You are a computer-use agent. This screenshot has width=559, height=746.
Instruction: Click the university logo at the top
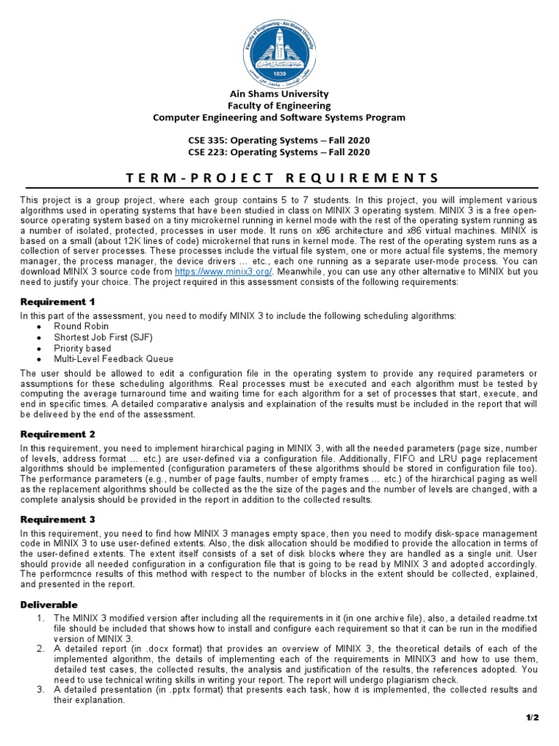279,45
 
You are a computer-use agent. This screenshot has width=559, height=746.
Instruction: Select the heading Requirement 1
58,302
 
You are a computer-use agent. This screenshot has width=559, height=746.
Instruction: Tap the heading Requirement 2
58,434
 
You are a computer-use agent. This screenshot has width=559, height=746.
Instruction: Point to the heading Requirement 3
58,519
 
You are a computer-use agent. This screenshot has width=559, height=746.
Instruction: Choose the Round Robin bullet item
80,326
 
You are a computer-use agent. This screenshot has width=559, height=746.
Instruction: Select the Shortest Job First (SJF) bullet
103,337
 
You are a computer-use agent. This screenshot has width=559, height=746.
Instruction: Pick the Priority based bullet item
82,348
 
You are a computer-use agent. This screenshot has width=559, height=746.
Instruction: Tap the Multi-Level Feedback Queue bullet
114,358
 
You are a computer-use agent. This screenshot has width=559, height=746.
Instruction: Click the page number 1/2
532,718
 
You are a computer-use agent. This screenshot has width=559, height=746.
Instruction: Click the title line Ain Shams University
279,94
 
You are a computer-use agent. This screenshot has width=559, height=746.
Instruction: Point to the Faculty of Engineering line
279,106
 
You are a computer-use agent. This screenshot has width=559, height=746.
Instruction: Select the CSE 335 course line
279,140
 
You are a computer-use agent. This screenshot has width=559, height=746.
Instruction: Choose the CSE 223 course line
279,152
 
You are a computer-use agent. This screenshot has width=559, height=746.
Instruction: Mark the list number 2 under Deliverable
41,648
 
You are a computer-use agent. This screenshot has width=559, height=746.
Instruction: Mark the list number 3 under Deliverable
41,689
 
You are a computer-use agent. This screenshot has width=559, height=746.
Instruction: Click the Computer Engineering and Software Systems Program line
279,117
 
